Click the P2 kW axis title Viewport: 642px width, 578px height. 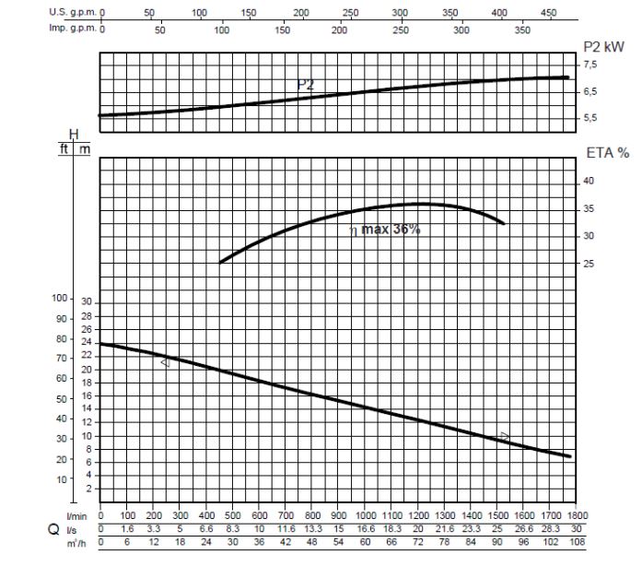pos(604,45)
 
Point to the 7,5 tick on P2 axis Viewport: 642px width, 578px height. pos(590,65)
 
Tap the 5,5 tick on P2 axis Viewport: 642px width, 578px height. pos(590,118)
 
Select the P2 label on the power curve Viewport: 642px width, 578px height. pos(305,85)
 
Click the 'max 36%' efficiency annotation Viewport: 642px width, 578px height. pos(391,230)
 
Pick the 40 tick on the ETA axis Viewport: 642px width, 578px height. pos(589,182)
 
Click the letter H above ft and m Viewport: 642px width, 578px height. pos(75,136)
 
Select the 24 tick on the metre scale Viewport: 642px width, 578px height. pos(88,343)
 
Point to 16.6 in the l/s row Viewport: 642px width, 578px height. pos(366,529)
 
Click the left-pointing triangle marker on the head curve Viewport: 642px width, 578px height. pos(165,363)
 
